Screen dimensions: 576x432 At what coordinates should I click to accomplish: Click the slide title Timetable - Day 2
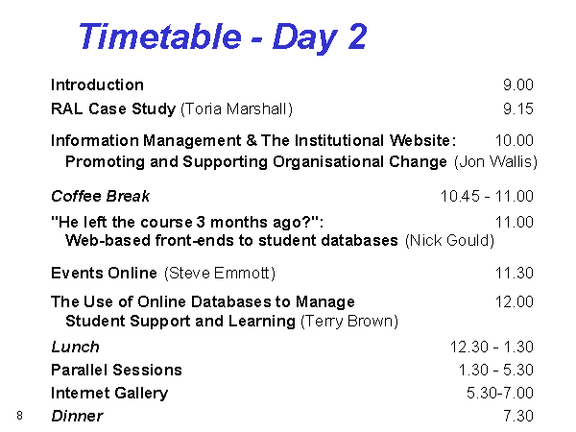(x=223, y=36)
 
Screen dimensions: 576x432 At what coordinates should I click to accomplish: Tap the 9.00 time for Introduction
(x=518, y=84)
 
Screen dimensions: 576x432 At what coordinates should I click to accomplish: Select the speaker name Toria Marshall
(x=236, y=109)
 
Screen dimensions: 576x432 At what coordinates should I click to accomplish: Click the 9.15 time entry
(x=518, y=108)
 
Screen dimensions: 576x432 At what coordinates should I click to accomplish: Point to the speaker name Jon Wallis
(x=495, y=161)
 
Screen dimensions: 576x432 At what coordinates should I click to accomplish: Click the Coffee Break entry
(x=100, y=196)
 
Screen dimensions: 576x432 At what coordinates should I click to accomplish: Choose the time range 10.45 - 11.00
(x=487, y=196)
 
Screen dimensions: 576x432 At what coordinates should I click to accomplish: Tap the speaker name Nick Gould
(x=449, y=240)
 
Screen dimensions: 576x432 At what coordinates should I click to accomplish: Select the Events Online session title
(x=104, y=273)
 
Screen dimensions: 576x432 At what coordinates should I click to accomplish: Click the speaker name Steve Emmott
(x=220, y=273)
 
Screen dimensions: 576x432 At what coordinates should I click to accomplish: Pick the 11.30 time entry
(x=514, y=273)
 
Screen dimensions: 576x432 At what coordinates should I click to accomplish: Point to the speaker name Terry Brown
(x=349, y=321)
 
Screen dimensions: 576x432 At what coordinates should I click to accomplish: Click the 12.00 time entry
(x=514, y=301)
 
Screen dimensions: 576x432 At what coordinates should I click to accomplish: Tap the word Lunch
(x=75, y=347)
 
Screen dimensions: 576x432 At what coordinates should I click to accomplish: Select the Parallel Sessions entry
(x=116, y=370)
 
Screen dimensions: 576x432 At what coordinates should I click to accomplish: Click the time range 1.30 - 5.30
(x=496, y=370)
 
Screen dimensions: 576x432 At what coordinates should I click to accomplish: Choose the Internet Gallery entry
(x=109, y=393)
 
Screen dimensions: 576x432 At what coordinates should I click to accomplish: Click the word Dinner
(x=77, y=416)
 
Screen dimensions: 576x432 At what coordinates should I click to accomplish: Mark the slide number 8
(x=19, y=416)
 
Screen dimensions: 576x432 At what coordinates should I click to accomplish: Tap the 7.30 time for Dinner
(x=518, y=416)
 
